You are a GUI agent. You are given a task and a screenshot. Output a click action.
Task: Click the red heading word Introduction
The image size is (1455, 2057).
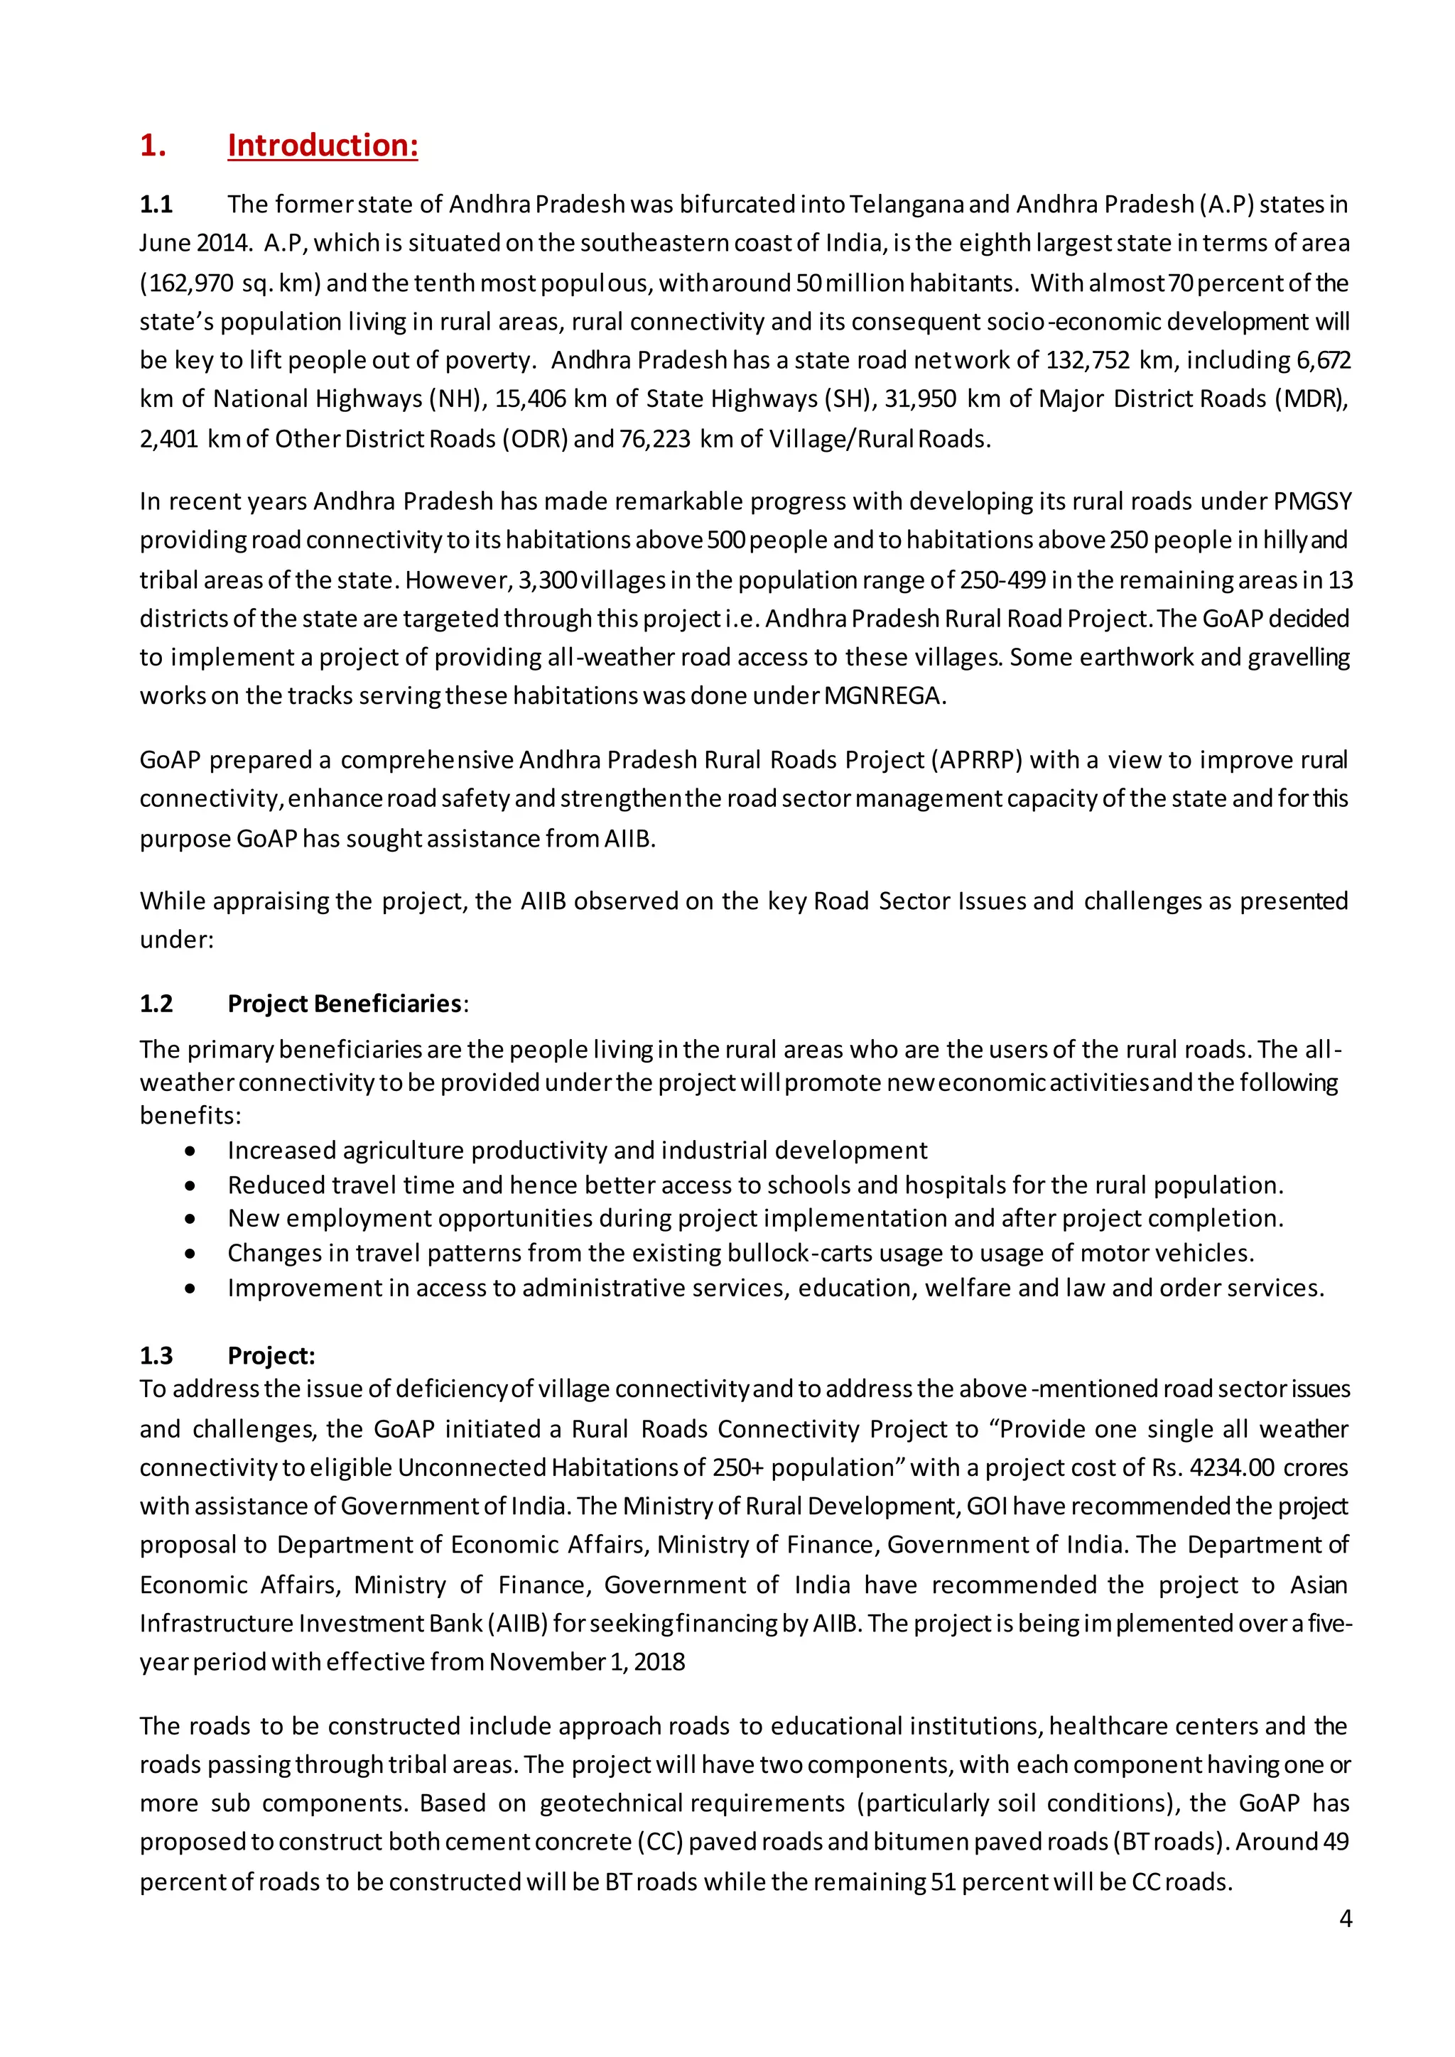(323, 145)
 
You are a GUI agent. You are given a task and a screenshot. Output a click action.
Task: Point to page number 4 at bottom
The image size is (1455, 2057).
(1345, 1918)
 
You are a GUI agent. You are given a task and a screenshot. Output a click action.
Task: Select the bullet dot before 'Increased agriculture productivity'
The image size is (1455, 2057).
(190, 1151)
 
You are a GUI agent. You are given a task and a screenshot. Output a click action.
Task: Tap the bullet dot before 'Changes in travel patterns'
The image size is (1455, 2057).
(190, 1254)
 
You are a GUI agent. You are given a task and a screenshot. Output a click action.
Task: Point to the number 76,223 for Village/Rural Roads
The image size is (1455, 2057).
(655, 439)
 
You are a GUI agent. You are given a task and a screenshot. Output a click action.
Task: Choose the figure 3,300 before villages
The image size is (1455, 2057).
(548, 580)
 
